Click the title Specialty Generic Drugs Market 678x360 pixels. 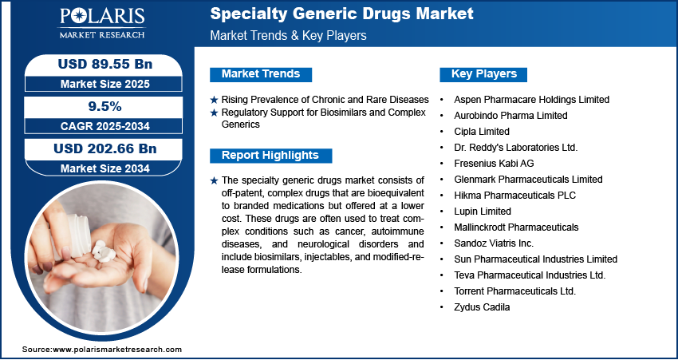click(x=341, y=14)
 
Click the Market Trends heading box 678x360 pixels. click(x=261, y=74)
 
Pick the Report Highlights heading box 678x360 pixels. click(x=270, y=155)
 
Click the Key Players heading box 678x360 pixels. click(x=484, y=74)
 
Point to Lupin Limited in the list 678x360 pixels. click(x=483, y=212)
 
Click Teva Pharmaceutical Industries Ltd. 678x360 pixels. click(x=530, y=275)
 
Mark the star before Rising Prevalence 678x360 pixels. click(x=214, y=100)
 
